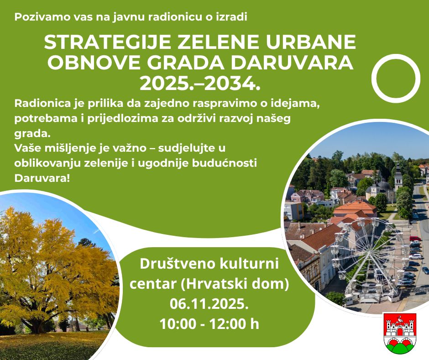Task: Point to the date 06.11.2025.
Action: pyautogui.click(x=209, y=303)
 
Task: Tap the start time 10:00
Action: pyautogui.click(x=178, y=324)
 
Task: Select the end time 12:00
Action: pyautogui.click(x=227, y=324)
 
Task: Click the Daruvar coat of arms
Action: pyautogui.click(x=400, y=333)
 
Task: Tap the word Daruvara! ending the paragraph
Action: pyautogui.click(x=42, y=178)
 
